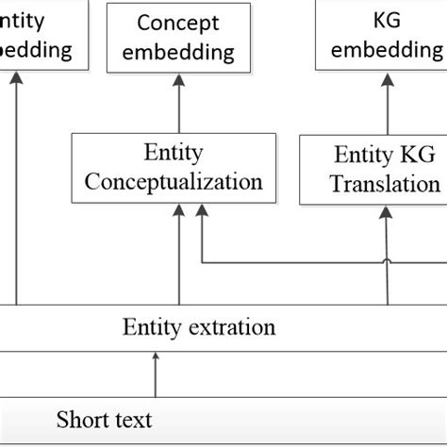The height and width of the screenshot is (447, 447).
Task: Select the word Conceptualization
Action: coord(173,181)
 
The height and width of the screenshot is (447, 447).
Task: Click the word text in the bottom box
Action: coord(131,419)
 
